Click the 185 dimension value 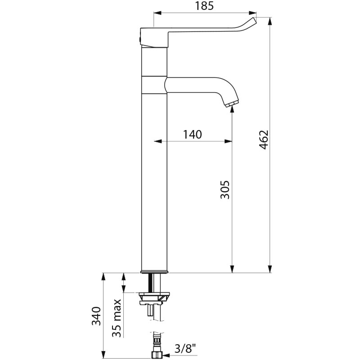[x=204, y=6]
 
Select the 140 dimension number [x=193, y=135]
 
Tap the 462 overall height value [x=264, y=139]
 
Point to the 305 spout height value [x=225, y=189]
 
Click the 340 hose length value [x=96, y=316]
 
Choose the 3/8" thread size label [x=185, y=350]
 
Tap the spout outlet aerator [x=232, y=103]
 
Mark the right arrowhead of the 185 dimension [x=252, y=13]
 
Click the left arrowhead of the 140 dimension [x=158, y=141]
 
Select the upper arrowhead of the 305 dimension [x=232, y=109]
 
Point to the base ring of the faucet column [x=154, y=272]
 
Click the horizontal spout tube [x=195, y=85]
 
